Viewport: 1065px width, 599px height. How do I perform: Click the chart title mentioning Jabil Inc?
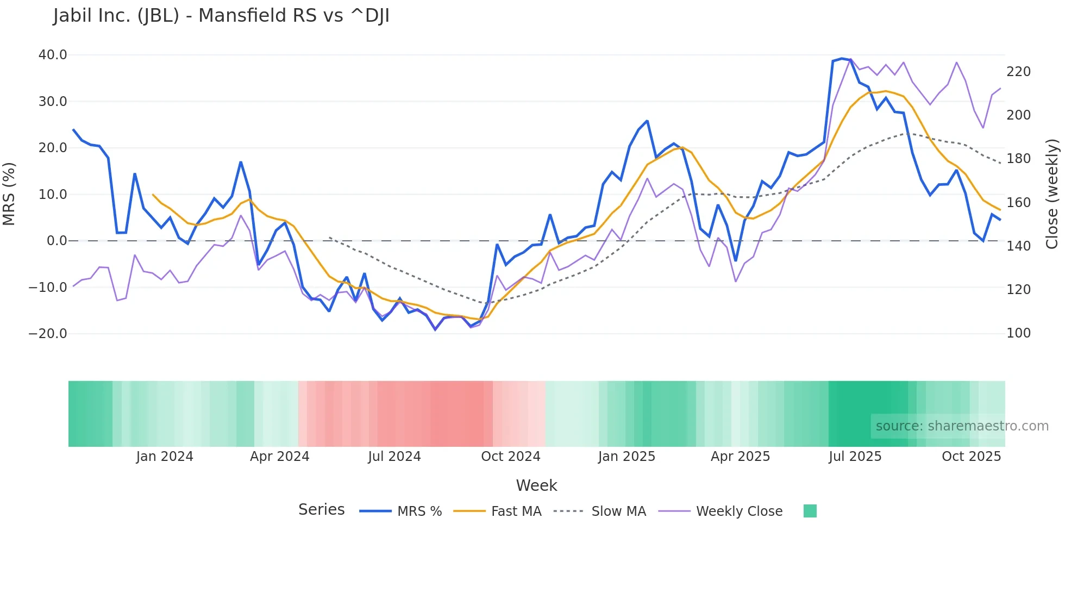221,16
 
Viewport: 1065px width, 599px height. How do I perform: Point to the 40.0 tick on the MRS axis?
53,55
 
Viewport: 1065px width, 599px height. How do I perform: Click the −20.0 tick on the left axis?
48,334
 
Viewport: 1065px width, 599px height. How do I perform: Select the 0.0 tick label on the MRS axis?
57,241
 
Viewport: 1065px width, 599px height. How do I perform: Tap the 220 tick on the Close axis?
1018,72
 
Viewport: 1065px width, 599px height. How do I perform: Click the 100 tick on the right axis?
1018,333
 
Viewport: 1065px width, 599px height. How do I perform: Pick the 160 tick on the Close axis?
1018,203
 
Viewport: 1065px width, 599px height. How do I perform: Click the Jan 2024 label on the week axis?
165,457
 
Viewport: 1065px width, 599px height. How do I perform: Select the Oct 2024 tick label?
511,457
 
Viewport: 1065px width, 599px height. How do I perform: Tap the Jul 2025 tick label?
855,457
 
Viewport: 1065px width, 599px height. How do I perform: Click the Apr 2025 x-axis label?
740,457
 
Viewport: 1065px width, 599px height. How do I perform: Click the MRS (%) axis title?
9,194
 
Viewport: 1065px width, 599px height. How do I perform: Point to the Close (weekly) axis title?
1053,194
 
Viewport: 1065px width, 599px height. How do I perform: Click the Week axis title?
536,485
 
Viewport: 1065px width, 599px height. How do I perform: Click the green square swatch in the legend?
810,511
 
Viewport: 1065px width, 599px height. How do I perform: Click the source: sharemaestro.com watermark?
962,426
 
